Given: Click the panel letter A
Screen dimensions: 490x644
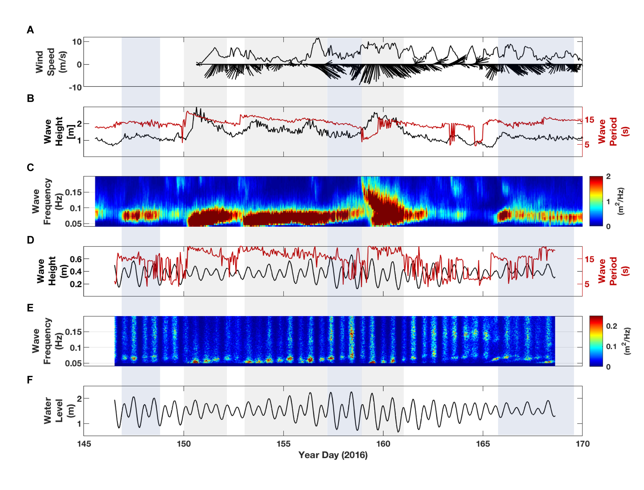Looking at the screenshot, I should point(30,30).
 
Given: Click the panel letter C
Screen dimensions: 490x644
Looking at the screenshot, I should point(30,168).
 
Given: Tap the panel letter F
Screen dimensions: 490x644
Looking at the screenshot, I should point(30,380).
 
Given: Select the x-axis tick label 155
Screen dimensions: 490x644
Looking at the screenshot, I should point(283,444).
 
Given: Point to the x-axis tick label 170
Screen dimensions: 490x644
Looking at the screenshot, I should point(582,444).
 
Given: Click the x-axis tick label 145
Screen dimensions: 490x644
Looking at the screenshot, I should point(84,444).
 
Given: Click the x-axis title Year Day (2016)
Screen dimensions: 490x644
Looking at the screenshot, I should point(333,455).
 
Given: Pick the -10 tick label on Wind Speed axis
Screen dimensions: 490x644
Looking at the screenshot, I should point(75,87).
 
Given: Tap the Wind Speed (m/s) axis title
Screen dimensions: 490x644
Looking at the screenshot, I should point(50,62).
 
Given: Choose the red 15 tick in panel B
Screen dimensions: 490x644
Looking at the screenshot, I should point(589,120).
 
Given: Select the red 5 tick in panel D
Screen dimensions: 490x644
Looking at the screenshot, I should point(587,284).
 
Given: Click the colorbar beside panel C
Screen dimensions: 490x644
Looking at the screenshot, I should point(596,201).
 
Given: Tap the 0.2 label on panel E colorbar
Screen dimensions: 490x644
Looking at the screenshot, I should point(611,326).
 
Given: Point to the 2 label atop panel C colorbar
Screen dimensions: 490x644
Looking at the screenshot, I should point(608,177).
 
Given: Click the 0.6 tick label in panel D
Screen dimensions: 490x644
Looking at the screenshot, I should point(76,259).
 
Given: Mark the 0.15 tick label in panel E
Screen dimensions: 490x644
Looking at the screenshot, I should point(73,332).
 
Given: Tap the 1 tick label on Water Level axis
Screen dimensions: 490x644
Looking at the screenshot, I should point(79,424).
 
